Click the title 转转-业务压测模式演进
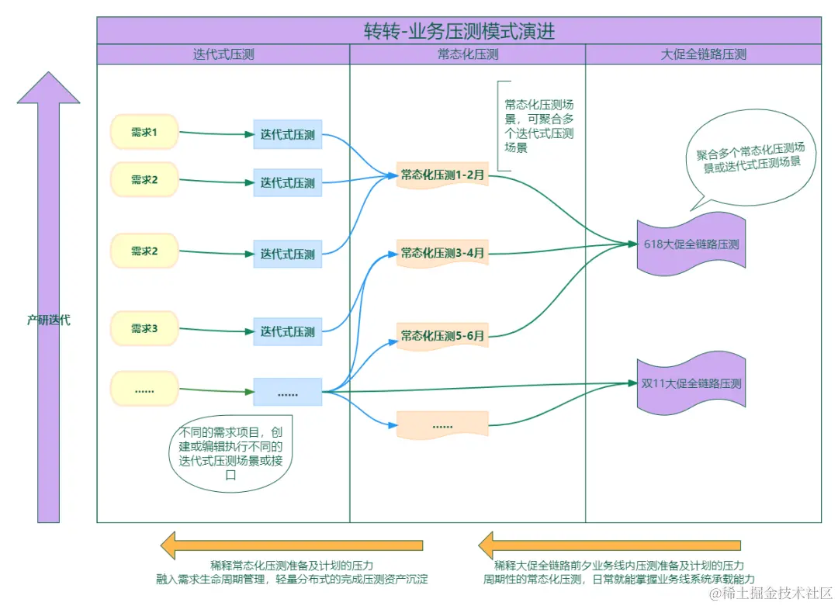click(459, 31)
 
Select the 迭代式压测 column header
click(223, 54)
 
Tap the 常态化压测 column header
click(468, 54)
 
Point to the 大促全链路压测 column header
click(703, 54)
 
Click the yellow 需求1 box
click(144, 133)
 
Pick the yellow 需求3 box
click(144, 329)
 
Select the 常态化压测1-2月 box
click(442, 176)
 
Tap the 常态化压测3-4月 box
click(442, 253)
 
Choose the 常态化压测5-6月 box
click(442, 336)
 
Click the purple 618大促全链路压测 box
click(691, 244)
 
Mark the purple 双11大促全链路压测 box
click(691, 383)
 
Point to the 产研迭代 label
click(49, 320)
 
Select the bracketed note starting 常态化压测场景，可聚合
click(538, 126)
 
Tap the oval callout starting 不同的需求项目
click(230, 455)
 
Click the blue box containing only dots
click(287, 393)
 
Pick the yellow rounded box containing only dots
click(144, 390)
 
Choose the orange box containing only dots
click(442, 425)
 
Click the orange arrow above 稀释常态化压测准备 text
click(292, 545)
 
